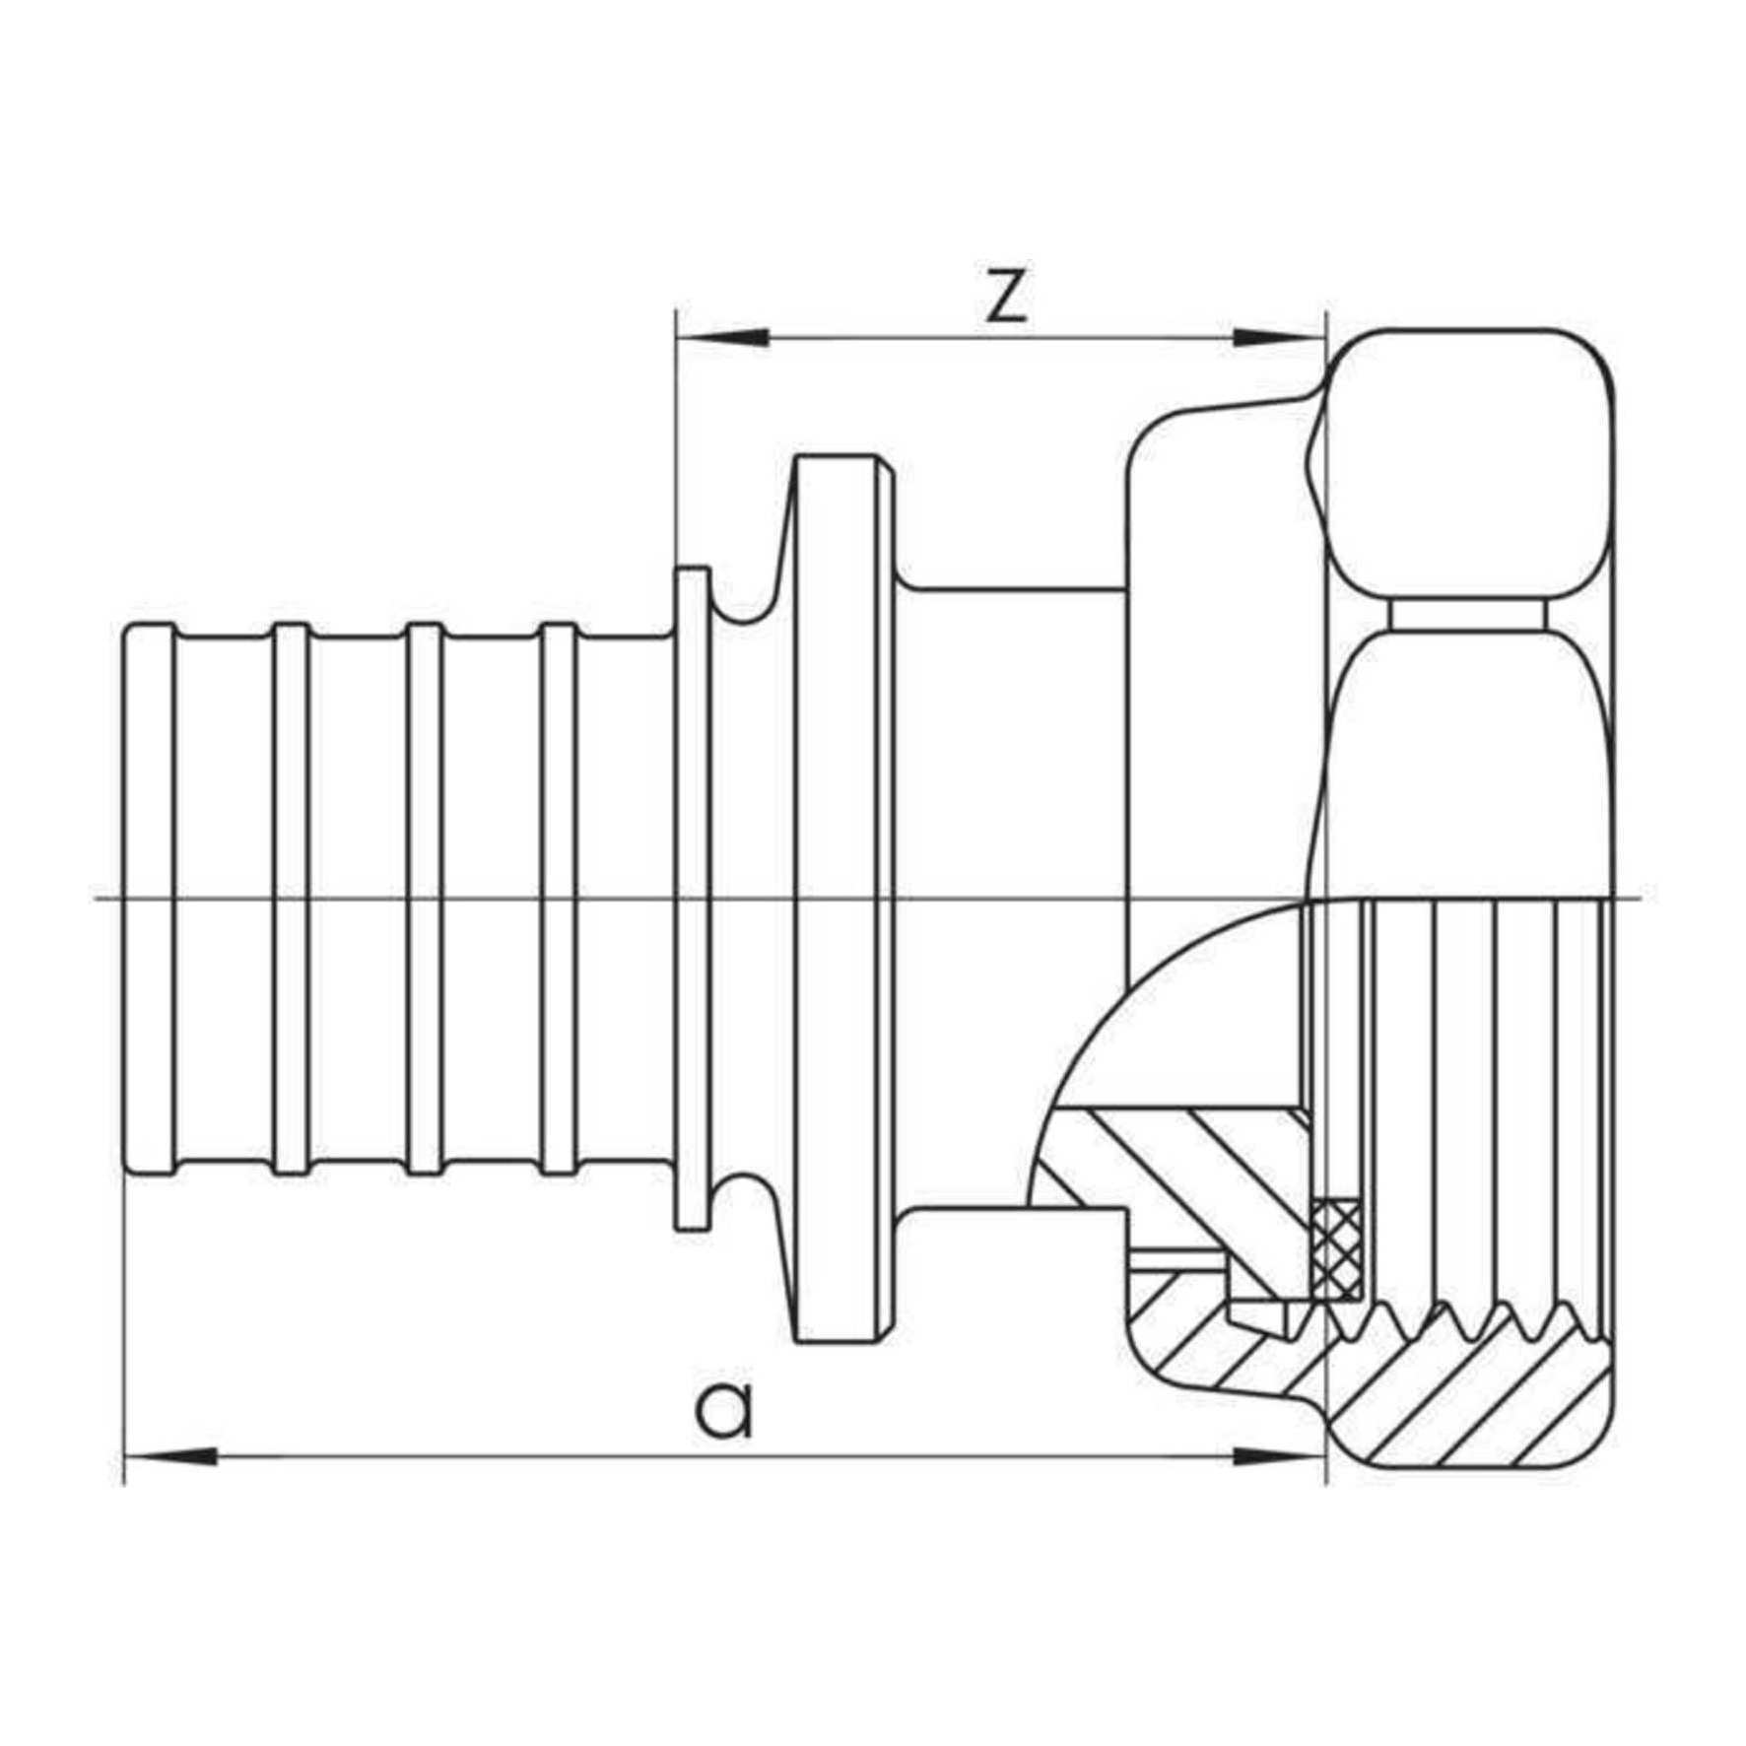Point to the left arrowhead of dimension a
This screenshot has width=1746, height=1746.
coord(169,1456)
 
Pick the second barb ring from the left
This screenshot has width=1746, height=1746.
coord(290,900)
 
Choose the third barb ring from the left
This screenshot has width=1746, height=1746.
coord(425,900)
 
